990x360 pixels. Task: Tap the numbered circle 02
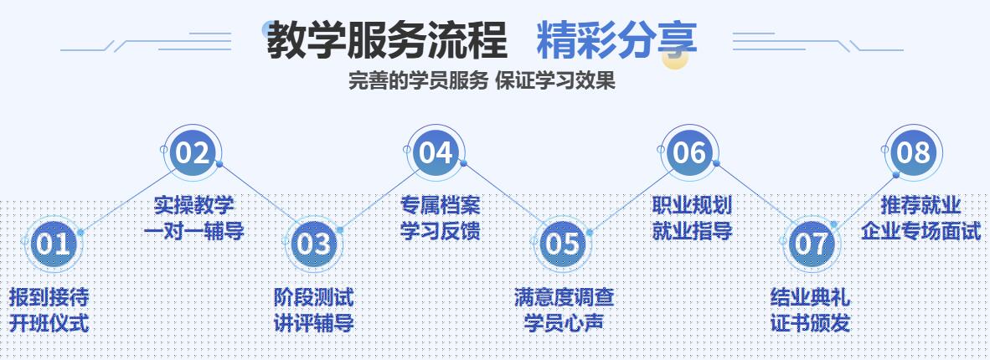[x=192, y=153]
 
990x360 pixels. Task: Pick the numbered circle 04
[x=436, y=153]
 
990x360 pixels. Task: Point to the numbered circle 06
[x=688, y=153]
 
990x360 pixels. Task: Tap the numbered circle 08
[x=913, y=153]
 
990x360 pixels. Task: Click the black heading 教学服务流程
[x=386, y=40]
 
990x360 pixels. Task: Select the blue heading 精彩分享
[x=616, y=39]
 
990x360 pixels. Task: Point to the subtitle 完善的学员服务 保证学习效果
[x=482, y=81]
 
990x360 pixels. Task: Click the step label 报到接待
[x=49, y=296]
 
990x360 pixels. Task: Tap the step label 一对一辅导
[x=193, y=230]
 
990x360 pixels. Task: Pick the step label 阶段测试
[x=314, y=296]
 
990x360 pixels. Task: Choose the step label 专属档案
[x=440, y=205]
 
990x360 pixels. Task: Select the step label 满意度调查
[x=564, y=296]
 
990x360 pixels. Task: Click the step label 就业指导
[x=692, y=230]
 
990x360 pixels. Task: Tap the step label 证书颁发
[x=810, y=322]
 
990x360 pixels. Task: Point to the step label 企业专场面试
[x=921, y=230]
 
